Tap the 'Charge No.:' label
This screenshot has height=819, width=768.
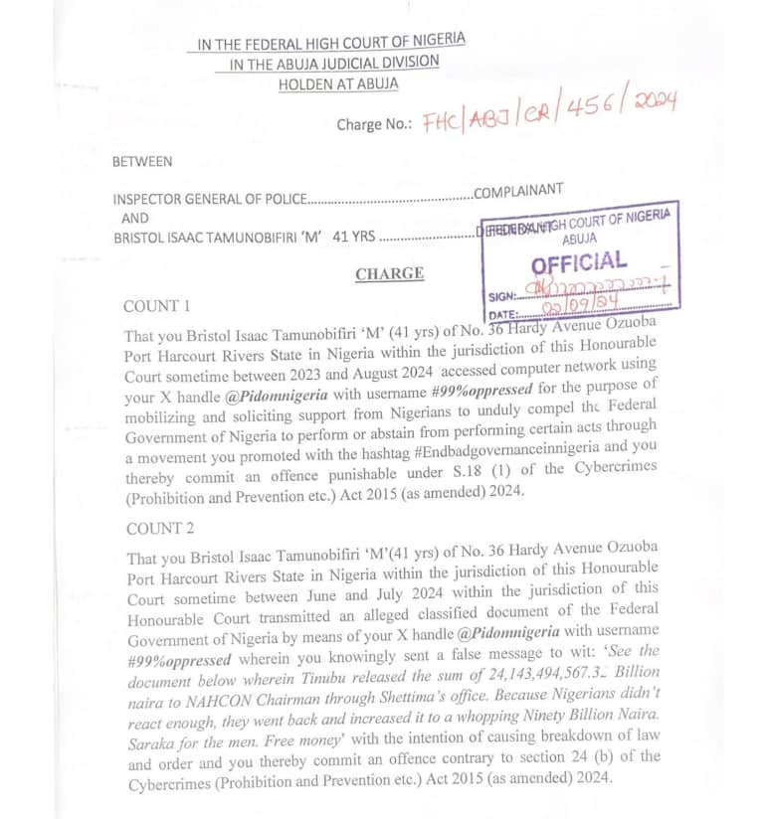(374, 125)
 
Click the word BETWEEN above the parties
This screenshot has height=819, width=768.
(141, 161)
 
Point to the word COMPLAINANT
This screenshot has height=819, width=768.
(518, 190)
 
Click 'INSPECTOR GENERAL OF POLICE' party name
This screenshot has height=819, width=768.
(209, 199)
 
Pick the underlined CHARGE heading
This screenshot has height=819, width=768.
(389, 273)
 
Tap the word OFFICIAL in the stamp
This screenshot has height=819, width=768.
(578, 263)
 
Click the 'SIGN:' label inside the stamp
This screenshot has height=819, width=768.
(503, 296)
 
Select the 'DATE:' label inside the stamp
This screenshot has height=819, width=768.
(505, 315)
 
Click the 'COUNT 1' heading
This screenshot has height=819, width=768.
(156, 306)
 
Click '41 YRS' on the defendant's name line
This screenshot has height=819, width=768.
(354, 238)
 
